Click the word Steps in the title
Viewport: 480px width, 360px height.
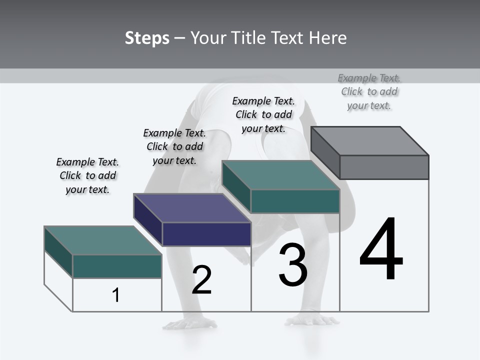pos(147,38)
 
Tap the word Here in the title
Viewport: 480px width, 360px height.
pos(327,38)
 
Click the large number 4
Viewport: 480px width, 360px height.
pos(381,250)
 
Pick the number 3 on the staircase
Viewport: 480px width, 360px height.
pos(293,265)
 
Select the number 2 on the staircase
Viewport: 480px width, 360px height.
pos(201,280)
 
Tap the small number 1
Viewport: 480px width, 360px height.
pos(116,295)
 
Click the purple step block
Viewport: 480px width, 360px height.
pos(192,220)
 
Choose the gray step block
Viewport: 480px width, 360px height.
pos(370,152)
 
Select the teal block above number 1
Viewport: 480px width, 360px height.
pos(103,252)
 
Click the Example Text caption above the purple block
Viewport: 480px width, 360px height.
pos(174,146)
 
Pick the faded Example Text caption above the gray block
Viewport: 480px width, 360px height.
pos(369,91)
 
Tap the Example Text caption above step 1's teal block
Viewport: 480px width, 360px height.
pos(87,175)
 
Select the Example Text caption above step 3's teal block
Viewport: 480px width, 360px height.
pos(264,114)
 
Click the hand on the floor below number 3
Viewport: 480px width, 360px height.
pos(313,319)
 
